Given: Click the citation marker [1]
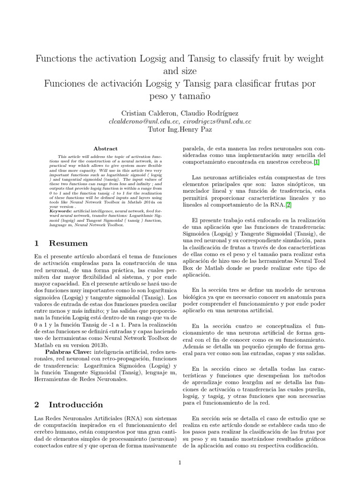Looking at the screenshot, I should click(x=317, y=162).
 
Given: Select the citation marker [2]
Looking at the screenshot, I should click(x=288, y=204).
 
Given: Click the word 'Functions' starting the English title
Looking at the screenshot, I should click(x=58, y=59).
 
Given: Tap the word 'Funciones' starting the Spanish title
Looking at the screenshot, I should click(x=65, y=84).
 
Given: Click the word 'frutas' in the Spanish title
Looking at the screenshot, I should click(x=285, y=84).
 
